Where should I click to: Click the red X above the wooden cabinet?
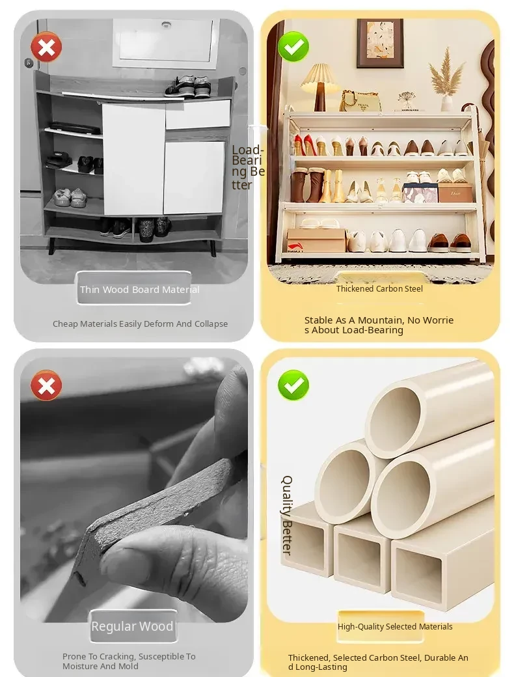[x=46, y=47]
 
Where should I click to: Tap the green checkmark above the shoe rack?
[x=293, y=47]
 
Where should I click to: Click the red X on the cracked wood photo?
[x=46, y=385]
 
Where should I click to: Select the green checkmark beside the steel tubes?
[x=293, y=385]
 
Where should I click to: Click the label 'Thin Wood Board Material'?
[x=139, y=289]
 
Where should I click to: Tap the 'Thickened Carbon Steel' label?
[x=379, y=289]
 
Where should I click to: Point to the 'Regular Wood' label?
[x=132, y=626]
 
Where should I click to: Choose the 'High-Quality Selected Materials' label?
[x=395, y=626]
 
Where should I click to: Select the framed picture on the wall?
[x=380, y=43]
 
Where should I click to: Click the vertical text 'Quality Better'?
[x=287, y=515]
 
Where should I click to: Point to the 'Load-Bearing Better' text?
[x=248, y=167]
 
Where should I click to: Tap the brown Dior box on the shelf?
[x=455, y=193]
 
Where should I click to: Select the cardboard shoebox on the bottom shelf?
[x=316, y=240]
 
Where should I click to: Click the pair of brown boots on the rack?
[x=307, y=186]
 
